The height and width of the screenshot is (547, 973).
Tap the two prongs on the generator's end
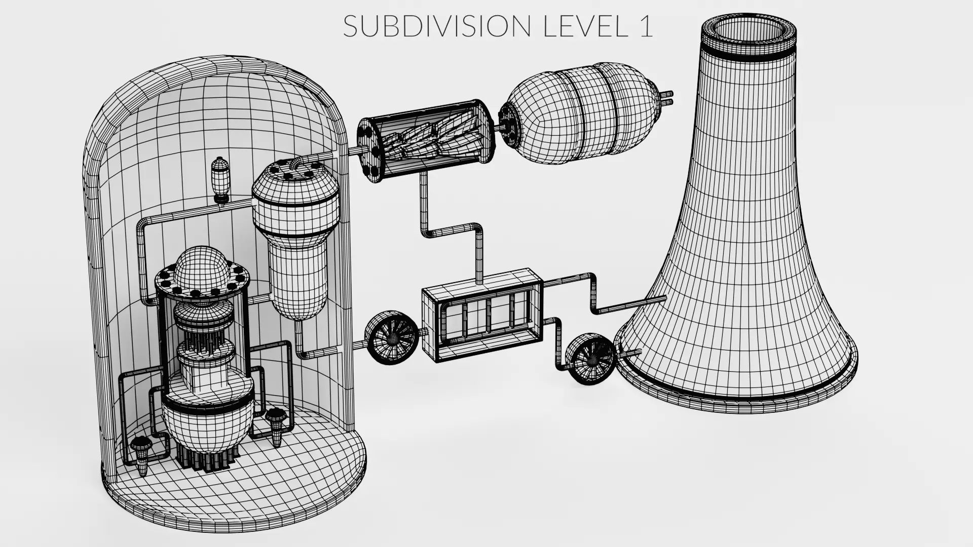click(667, 98)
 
